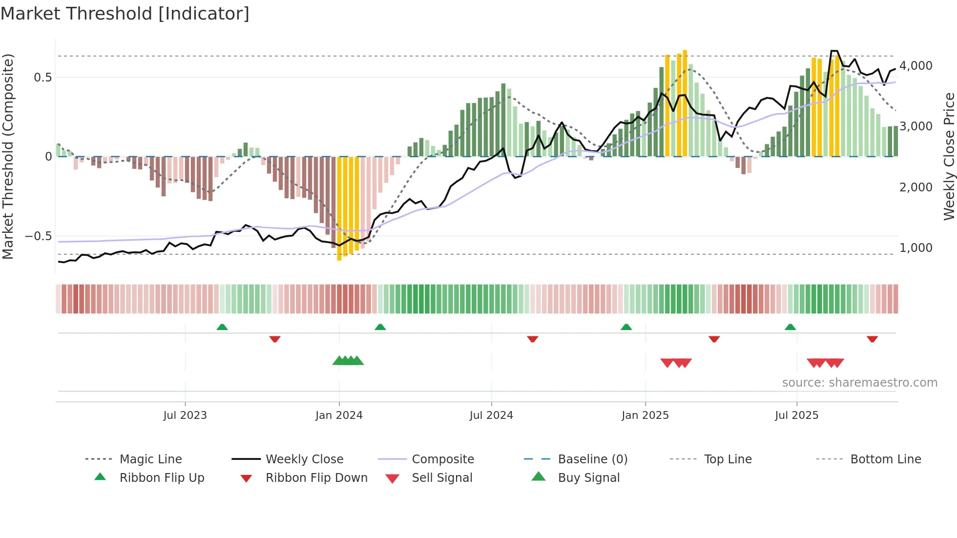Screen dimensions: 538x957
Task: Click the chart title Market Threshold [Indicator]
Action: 125,14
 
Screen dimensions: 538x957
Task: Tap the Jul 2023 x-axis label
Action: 185,415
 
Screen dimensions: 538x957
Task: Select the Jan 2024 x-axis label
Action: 339,415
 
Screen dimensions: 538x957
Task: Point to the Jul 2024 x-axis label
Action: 491,415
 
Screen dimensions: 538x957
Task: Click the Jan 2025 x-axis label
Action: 645,415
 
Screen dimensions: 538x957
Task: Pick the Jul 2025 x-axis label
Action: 796,415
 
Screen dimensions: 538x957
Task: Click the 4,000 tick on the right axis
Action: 915,66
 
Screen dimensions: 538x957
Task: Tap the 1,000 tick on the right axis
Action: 915,248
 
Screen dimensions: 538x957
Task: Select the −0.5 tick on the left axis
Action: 39,236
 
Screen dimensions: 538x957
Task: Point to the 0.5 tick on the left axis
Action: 42,78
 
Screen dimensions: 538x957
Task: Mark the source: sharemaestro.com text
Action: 859,383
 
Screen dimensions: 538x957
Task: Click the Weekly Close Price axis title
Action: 949,156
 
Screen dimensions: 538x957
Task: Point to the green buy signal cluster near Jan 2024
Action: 348,361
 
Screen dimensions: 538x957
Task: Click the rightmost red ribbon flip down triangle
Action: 872,339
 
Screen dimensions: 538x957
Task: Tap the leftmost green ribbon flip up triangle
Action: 222,327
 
